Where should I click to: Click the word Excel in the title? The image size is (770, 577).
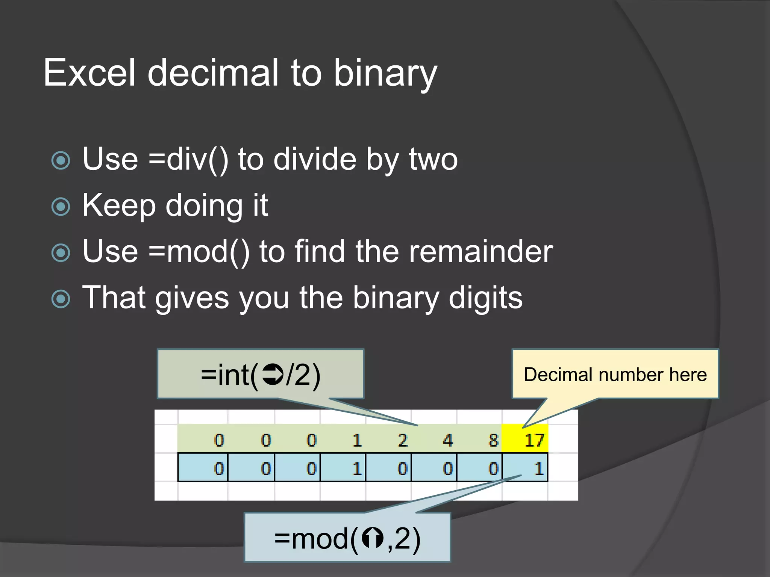[x=89, y=73]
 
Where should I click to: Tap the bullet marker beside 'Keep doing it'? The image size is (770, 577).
[x=61, y=206]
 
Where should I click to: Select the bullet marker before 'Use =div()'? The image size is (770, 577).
[x=61, y=160]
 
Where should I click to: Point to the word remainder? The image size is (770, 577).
[x=480, y=252]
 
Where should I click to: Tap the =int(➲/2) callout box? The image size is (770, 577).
[x=260, y=374]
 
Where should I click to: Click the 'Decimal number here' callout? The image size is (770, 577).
[x=615, y=374]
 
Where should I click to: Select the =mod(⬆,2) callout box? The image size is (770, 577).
[x=347, y=538]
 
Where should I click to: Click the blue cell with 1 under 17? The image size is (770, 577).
[x=525, y=468]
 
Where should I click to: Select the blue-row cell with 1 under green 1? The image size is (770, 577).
[x=343, y=468]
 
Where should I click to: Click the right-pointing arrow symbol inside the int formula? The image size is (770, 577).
[x=273, y=375]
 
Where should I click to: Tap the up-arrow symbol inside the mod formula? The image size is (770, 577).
[x=372, y=538]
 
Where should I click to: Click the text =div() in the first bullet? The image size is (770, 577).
[x=188, y=160]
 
